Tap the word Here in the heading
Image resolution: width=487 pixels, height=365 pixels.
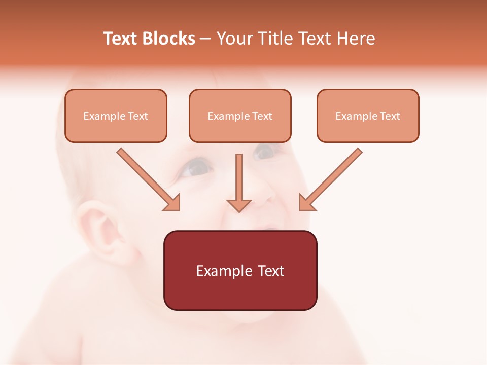click(x=356, y=39)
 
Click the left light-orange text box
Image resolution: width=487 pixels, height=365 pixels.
click(x=116, y=116)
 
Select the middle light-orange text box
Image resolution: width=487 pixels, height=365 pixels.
click(x=240, y=116)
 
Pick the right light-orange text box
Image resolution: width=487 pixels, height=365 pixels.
click(x=368, y=116)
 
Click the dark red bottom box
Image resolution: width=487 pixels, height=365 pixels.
click(x=240, y=270)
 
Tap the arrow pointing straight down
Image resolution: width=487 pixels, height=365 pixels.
click(x=239, y=182)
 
